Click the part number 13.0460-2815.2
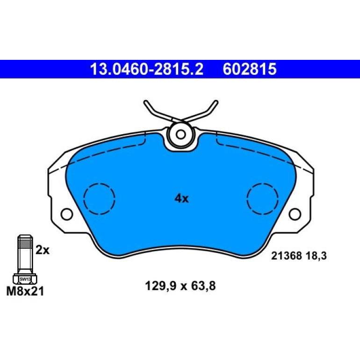coord(146,69)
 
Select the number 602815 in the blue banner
coord(250,69)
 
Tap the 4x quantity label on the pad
coord(181,198)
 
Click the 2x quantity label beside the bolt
coord(43,250)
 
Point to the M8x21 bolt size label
coord(25,292)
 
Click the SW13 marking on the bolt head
coord(25,280)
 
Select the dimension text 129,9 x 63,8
coord(180,286)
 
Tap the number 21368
coord(286,256)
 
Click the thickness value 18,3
coord(316,256)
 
